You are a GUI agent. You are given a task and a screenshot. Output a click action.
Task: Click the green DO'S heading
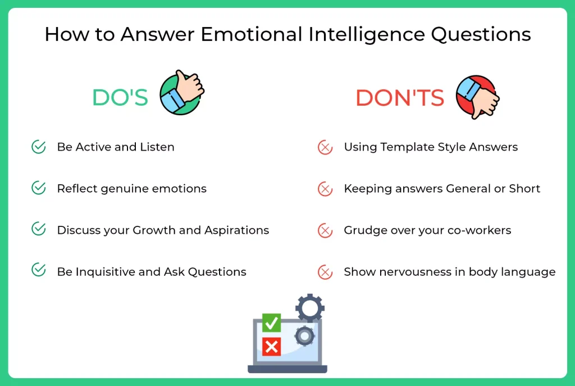pos(120,98)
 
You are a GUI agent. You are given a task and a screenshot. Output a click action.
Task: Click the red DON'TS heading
pos(400,98)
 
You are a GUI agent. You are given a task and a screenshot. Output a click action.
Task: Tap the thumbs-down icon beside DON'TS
pos(477,96)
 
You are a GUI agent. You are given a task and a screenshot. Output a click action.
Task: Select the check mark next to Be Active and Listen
pos(39,147)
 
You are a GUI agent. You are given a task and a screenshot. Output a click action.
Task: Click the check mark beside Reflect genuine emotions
pos(39,188)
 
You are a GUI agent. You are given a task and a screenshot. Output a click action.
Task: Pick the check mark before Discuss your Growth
pos(39,230)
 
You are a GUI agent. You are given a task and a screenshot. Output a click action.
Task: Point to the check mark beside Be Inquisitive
pos(39,271)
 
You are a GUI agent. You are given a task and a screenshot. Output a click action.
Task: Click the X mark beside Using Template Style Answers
pos(325,148)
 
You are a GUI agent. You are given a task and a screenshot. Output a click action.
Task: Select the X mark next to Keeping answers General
pos(325,189)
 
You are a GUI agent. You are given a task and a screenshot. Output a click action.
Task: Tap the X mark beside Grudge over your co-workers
pos(325,230)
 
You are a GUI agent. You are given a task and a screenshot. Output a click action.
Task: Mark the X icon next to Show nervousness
pos(325,272)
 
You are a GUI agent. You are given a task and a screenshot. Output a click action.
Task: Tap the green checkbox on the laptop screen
pos(272,323)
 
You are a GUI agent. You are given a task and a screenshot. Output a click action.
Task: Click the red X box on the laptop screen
pos(272,347)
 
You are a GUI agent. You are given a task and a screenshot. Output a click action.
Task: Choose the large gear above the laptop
pos(310,307)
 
